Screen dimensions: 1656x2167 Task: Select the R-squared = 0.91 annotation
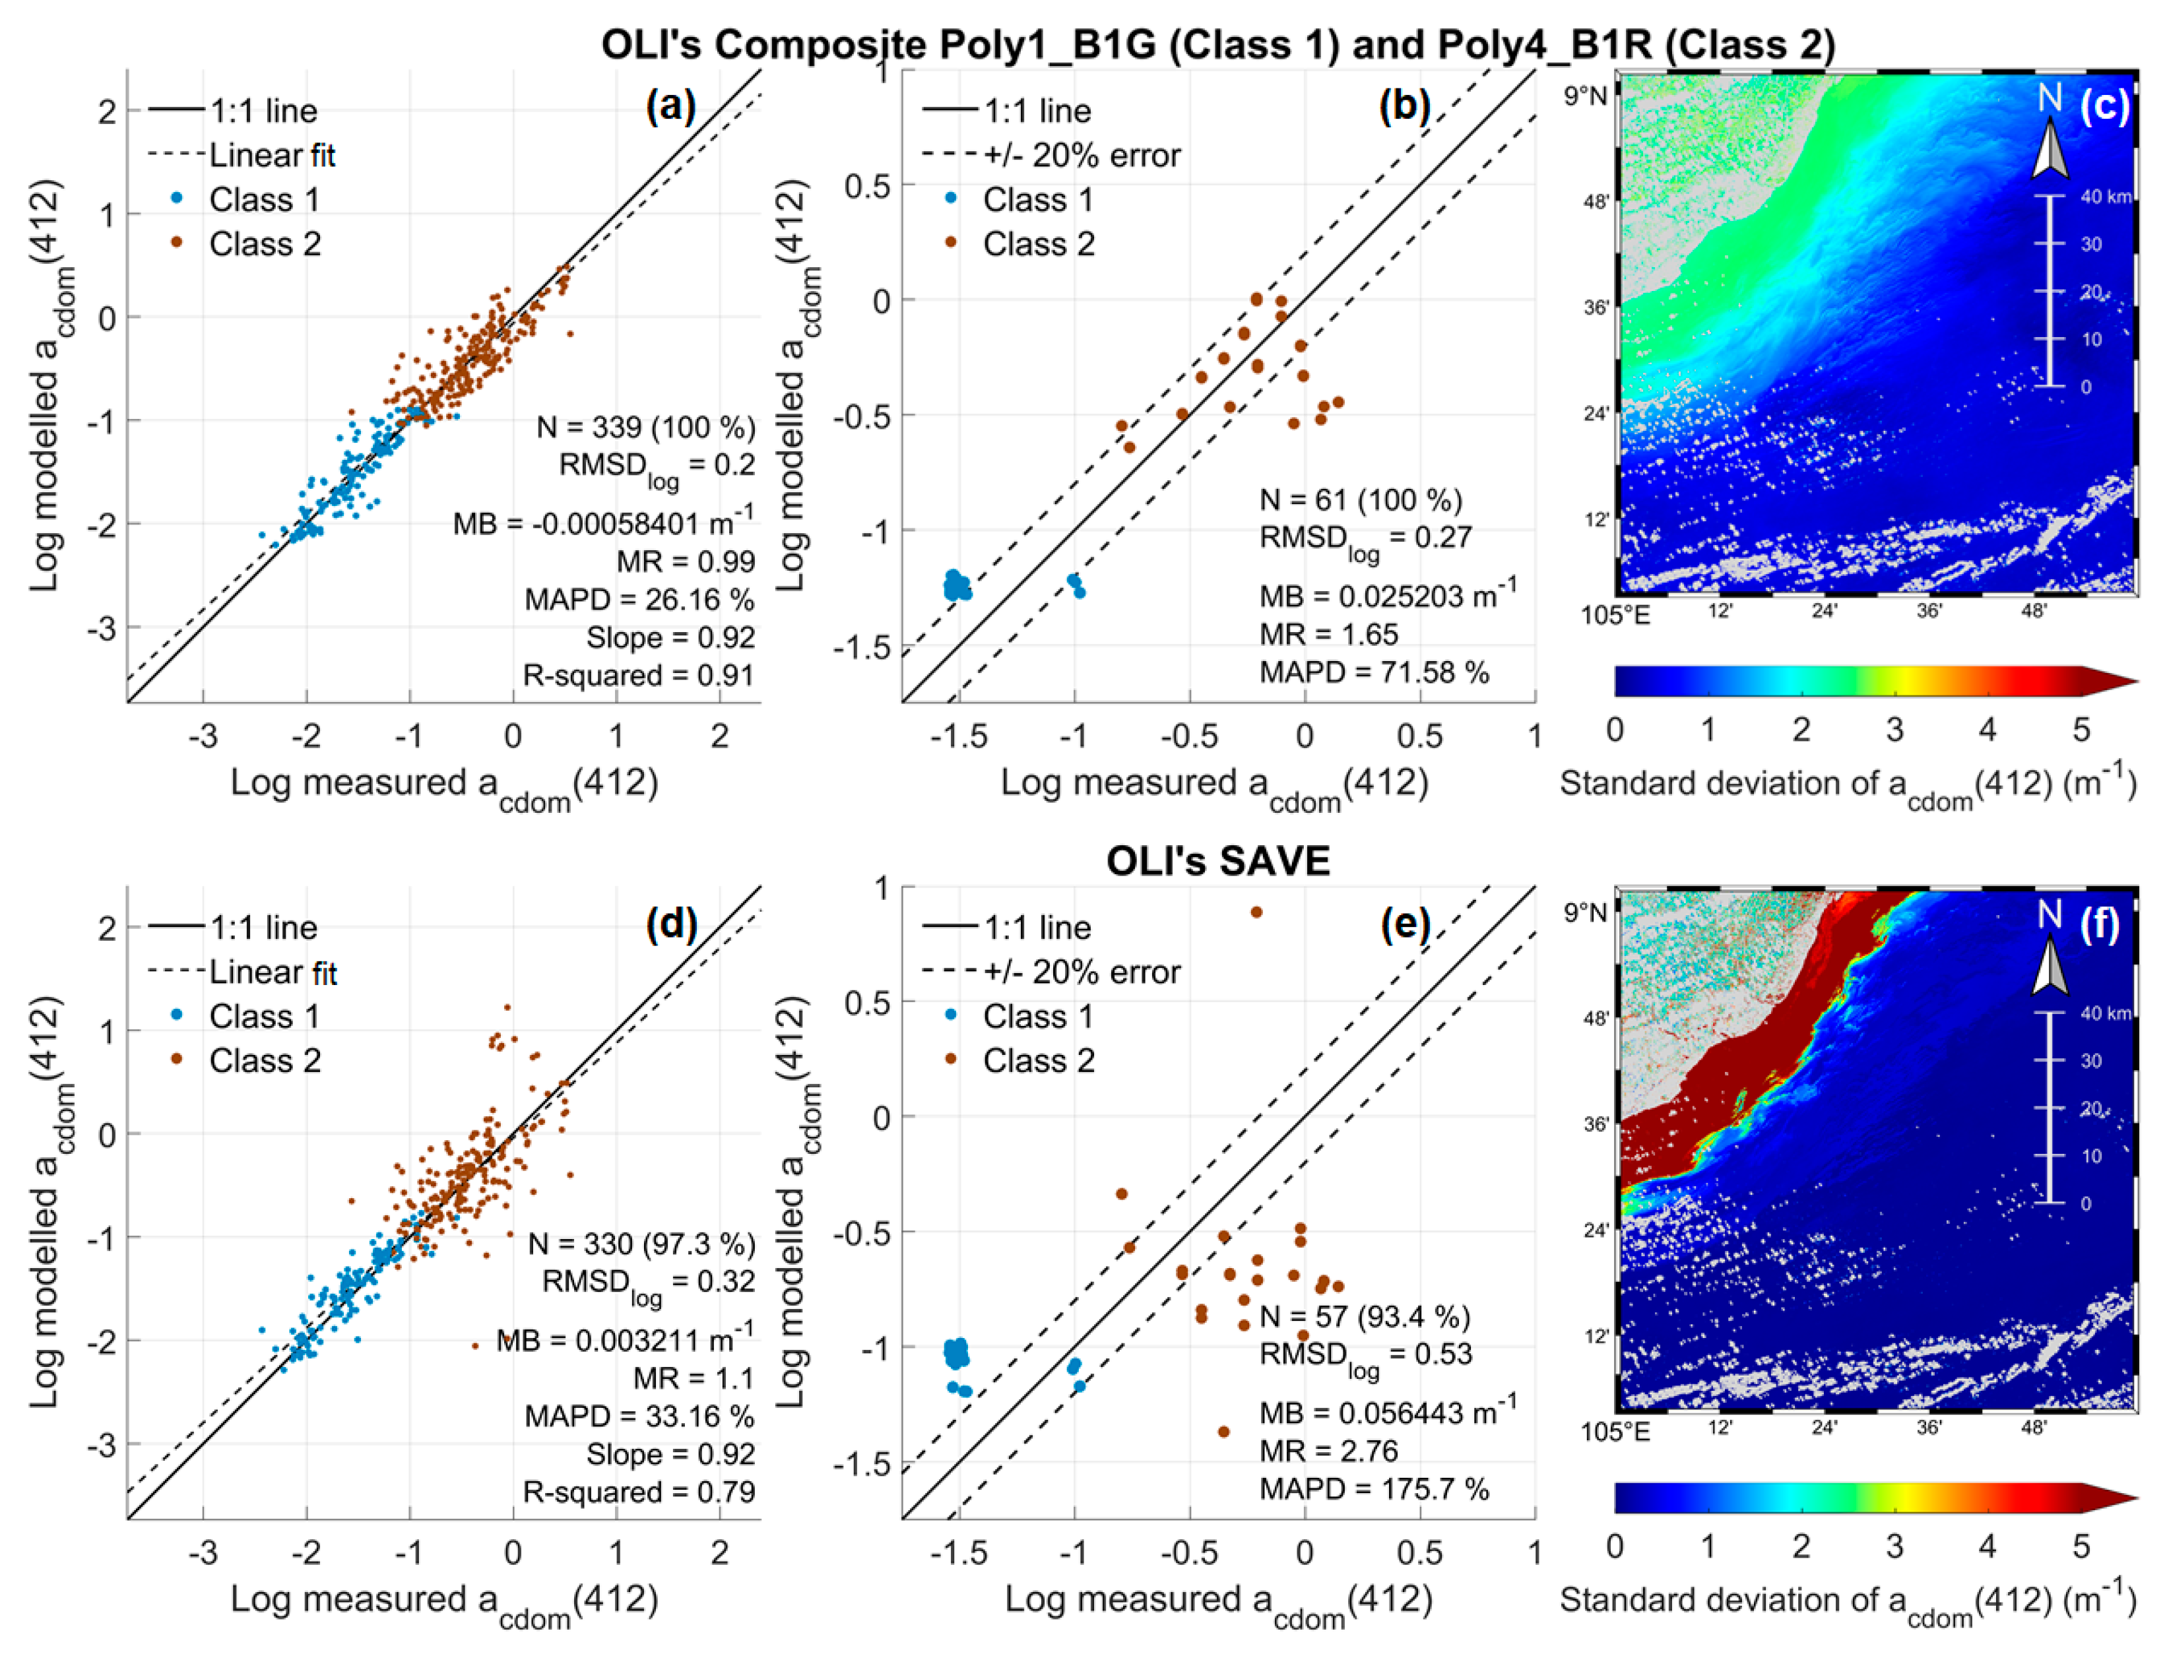[638, 675]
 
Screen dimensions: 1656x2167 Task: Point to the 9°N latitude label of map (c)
[1584, 96]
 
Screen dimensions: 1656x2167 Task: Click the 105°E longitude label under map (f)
[1615, 1431]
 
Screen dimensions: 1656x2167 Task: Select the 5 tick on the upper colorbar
[2081, 730]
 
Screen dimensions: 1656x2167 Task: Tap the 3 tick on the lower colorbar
[1894, 1546]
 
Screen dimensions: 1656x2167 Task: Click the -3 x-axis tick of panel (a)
[203, 736]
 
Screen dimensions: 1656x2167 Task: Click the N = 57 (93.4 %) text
[1365, 1316]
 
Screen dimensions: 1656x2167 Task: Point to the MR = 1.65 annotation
[1328, 634]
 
